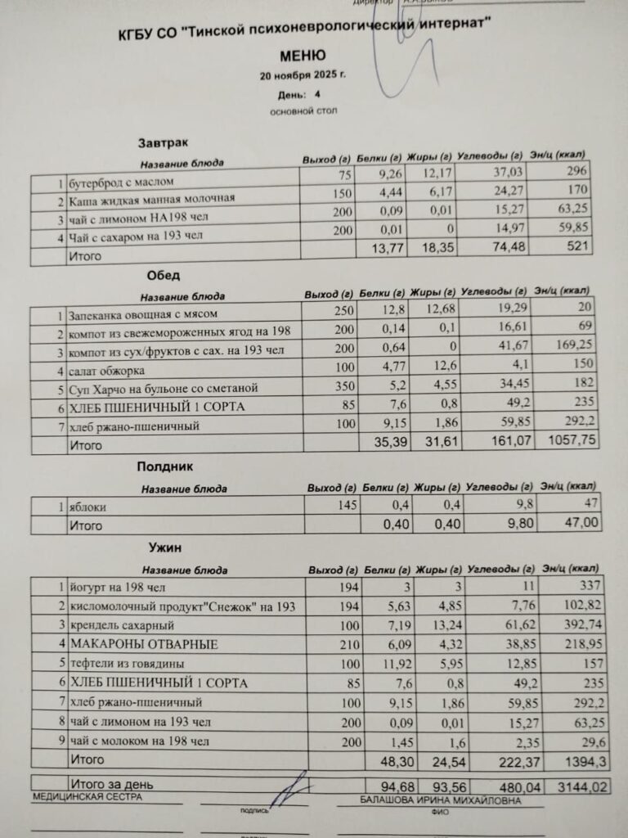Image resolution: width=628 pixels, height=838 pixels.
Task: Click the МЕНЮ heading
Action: [x=303, y=56]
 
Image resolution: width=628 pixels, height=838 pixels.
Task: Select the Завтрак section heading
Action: [x=159, y=144]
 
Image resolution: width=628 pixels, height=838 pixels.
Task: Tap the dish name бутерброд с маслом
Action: [x=121, y=181]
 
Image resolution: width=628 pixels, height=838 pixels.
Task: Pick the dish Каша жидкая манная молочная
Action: [x=151, y=199]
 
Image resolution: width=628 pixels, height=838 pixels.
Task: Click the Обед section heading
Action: [x=164, y=276]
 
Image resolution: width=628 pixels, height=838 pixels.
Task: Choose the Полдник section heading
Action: [x=164, y=467]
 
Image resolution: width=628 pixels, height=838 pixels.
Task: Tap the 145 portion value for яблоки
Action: [x=347, y=505]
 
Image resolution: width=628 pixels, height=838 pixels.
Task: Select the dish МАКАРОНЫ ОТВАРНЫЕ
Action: [x=144, y=644]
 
